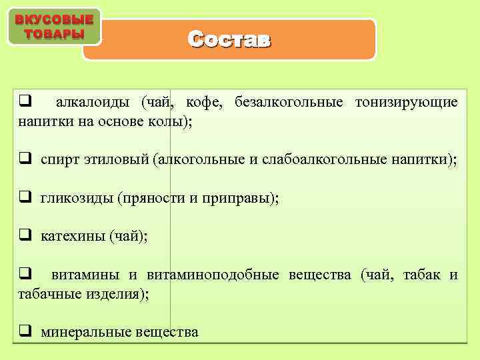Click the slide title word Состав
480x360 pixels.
[229, 40]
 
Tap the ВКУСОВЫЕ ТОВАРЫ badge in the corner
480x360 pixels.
[54, 27]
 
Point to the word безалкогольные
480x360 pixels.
[289, 102]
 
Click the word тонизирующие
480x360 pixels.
[406, 102]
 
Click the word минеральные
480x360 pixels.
[85, 331]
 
